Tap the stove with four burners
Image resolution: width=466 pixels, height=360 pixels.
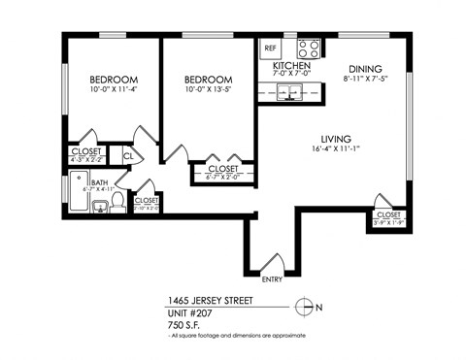(309, 47)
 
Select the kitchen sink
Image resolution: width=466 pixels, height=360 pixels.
(287, 92)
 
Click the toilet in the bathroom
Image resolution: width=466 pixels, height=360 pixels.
(116, 201)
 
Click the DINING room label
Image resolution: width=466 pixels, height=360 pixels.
(366, 69)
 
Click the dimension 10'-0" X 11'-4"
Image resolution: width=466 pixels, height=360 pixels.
(111, 90)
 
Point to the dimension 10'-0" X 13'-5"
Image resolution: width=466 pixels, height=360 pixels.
(208, 90)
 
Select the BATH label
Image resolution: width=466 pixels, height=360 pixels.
(99, 181)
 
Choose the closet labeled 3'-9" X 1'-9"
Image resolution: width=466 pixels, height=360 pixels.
(388, 218)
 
